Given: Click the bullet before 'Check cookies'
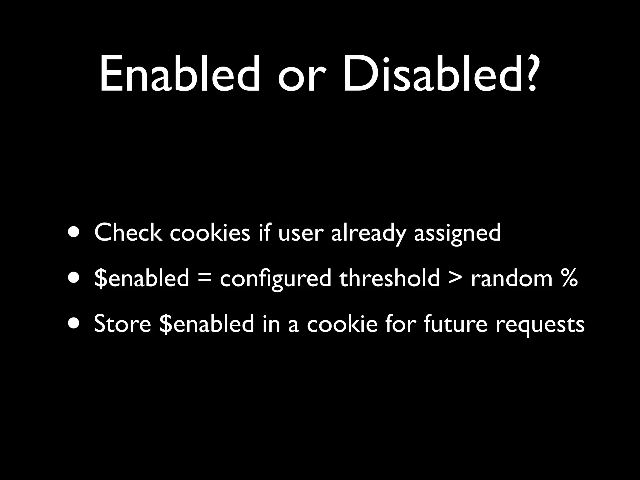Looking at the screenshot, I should pyautogui.click(x=74, y=233).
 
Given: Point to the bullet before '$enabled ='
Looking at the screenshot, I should pyautogui.click(x=74, y=278).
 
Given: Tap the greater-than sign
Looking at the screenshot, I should pyautogui.click(x=455, y=278).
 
